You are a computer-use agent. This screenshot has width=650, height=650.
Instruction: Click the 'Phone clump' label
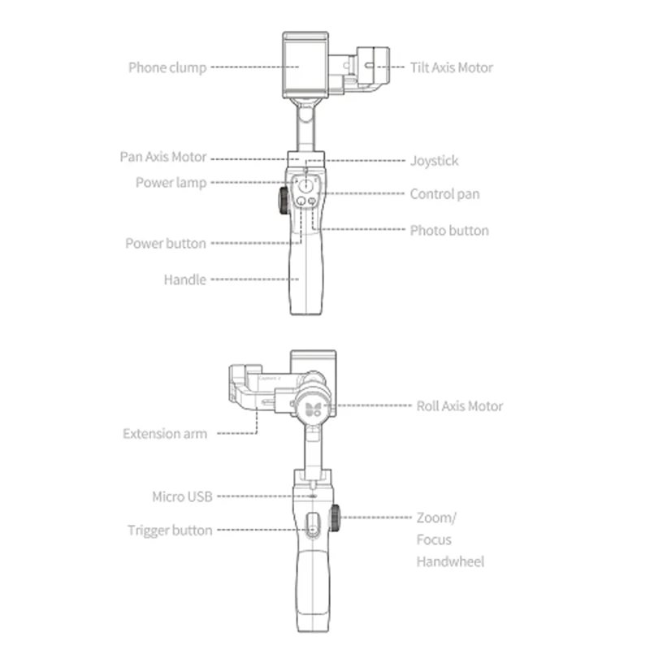[167, 67]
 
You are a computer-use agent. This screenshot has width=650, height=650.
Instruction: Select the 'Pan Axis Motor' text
[162, 157]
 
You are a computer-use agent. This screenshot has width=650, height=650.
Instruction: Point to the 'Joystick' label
[434, 161]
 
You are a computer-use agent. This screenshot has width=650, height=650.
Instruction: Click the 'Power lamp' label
[171, 183]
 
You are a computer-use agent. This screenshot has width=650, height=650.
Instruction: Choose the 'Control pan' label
[444, 194]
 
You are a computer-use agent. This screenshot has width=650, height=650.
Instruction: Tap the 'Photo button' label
[449, 231]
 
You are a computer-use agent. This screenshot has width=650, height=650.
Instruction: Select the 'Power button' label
[165, 243]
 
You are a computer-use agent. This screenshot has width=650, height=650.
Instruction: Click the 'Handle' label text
[184, 279]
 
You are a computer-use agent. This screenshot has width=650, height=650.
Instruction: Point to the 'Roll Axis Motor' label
[459, 405]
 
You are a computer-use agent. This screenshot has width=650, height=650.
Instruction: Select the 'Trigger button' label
[170, 531]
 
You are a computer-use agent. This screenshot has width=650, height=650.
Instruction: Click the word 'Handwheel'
[450, 561]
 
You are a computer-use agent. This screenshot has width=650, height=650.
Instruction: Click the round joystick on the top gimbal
[305, 184]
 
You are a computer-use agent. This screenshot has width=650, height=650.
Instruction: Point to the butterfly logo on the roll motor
[313, 406]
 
